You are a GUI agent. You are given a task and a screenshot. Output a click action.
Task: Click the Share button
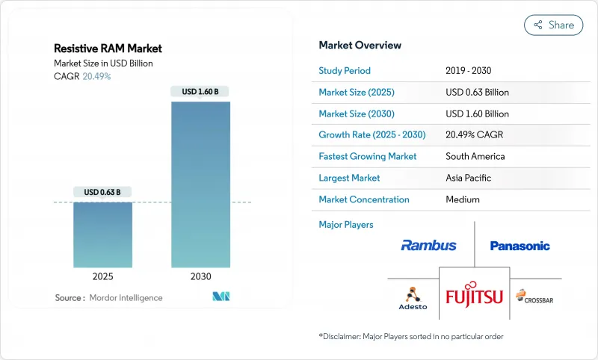click(x=553, y=25)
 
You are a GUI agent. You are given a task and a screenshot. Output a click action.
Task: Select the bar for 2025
click(x=102, y=235)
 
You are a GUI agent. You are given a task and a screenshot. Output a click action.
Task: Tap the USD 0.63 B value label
click(x=102, y=192)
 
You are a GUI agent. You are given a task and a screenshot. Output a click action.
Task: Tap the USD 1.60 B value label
click(x=200, y=92)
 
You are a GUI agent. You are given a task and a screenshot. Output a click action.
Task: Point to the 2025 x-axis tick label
click(x=102, y=276)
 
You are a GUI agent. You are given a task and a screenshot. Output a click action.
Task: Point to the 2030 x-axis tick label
click(x=200, y=276)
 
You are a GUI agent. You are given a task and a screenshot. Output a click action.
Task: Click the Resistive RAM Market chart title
click(x=108, y=49)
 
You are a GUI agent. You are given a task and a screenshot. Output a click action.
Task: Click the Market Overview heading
click(x=360, y=46)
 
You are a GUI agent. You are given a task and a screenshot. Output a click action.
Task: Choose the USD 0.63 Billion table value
click(x=477, y=93)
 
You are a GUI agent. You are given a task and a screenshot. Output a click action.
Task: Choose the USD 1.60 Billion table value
click(x=477, y=114)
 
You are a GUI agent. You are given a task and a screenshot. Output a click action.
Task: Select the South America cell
click(x=475, y=157)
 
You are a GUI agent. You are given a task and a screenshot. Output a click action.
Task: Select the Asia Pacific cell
click(x=469, y=179)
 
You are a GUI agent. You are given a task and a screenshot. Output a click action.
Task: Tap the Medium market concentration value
click(x=462, y=200)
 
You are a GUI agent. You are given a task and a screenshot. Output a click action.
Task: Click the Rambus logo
click(x=428, y=245)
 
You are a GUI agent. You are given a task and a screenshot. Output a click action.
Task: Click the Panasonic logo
click(x=520, y=246)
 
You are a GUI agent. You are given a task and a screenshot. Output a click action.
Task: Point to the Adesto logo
click(x=412, y=297)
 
